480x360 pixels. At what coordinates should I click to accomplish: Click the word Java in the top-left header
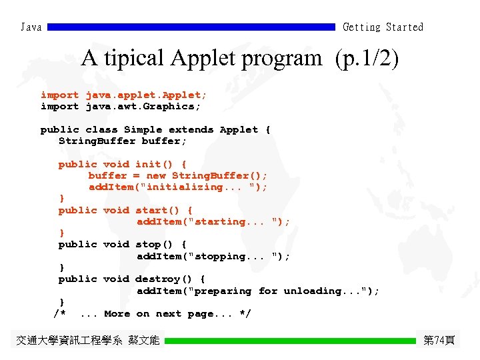pos(31,27)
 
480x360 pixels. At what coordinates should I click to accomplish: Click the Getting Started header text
pos(383,27)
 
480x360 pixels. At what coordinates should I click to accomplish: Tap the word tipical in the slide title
pos(134,59)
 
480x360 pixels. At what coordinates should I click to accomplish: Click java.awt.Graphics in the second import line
pos(143,107)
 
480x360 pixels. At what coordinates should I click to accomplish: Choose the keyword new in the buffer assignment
pos(155,175)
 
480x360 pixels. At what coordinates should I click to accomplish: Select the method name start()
pos(161,210)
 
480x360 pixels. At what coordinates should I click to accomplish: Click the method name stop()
pos(158,245)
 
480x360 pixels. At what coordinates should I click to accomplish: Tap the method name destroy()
pos(167,279)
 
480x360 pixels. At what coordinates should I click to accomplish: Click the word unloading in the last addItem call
pos(314,291)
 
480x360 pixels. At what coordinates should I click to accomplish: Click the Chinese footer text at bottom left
pos(87,341)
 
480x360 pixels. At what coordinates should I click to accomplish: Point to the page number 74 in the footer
pos(439,341)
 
